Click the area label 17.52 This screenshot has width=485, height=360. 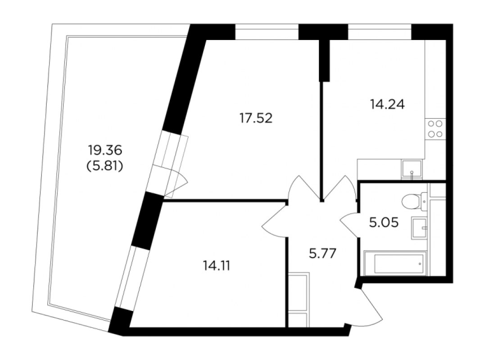[256, 118]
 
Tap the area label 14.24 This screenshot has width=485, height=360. [387, 104]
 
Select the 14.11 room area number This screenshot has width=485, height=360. [217, 265]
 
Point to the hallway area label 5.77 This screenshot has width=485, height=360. [322, 254]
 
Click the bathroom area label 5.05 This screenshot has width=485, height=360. [384, 222]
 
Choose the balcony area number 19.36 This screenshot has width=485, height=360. [105, 150]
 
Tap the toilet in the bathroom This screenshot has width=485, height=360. [414, 201]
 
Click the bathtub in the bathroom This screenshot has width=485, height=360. [395, 263]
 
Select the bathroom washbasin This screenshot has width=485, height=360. [419, 228]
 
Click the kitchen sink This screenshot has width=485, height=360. [412, 170]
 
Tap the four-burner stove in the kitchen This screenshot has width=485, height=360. [435, 129]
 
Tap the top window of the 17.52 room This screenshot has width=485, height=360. [267, 32]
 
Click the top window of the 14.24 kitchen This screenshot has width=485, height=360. [380, 32]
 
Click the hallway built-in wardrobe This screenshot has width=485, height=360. [299, 300]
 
